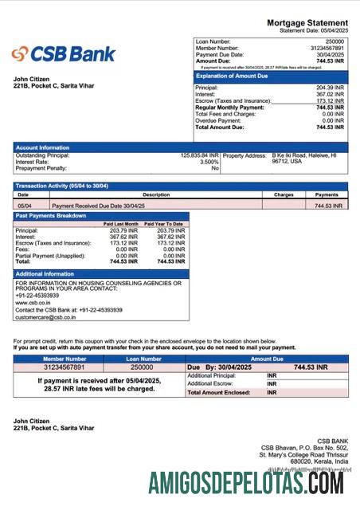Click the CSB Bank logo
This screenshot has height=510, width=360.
[x=64, y=54]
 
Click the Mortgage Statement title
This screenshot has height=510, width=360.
[x=307, y=22]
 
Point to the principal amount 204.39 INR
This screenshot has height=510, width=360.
[x=330, y=88]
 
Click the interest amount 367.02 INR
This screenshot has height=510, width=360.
[x=330, y=94]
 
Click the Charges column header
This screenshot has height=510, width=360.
[x=284, y=194]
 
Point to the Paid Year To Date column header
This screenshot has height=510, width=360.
[x=163, y=224]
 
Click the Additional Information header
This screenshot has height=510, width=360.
[x=49, y=274]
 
